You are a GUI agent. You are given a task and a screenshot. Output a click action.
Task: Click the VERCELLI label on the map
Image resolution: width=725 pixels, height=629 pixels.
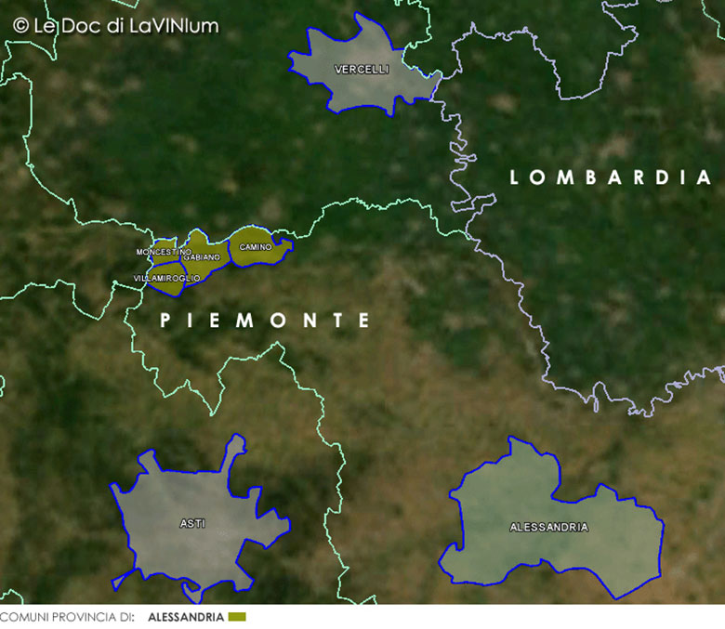362,70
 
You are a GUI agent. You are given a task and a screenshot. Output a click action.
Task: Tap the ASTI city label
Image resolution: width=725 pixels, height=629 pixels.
192,524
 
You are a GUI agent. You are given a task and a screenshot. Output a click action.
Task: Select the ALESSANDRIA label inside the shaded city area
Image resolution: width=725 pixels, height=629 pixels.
548,527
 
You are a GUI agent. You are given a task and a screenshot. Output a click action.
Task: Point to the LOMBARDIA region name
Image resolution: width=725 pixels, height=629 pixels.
611,177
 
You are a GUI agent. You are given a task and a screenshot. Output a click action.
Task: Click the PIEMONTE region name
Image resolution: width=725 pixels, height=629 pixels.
265,321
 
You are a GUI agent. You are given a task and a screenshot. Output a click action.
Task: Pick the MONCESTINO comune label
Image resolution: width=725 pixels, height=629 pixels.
163,252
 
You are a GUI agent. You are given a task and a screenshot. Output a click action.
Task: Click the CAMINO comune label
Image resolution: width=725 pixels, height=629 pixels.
256,247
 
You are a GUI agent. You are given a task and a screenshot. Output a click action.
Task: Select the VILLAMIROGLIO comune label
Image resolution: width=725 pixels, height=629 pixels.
166,279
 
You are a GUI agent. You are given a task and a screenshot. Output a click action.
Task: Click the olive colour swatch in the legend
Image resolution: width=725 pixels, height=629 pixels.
236,617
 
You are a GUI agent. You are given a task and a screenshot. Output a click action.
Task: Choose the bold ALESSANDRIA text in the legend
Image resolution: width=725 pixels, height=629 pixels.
186,617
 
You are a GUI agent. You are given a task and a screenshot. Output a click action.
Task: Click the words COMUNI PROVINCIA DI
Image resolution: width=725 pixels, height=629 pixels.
67,617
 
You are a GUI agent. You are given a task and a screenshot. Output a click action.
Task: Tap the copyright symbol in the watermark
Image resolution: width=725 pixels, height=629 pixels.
20,26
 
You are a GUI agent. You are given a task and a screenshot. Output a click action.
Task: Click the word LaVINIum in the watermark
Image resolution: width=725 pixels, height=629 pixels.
180,26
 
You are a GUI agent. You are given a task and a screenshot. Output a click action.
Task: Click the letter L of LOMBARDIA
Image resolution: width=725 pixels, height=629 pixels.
514,177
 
